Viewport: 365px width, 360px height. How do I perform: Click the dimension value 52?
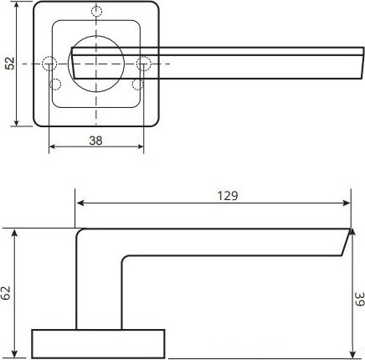point(10,64)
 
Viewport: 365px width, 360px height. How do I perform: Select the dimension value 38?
point(95,141)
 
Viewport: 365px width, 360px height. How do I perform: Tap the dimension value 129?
point(228,196)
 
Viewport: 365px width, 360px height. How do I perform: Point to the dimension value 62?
point(6,293)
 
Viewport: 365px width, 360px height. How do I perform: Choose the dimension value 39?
point(360,299)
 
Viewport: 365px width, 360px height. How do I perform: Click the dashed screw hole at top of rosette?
point(96,12)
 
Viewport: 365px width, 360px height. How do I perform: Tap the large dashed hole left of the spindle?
point(49,64)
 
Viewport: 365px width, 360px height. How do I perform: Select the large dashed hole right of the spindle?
point(144,64)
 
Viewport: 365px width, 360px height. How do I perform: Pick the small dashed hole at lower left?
point(55,85)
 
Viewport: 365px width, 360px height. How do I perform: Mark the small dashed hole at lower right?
point(137,85)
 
